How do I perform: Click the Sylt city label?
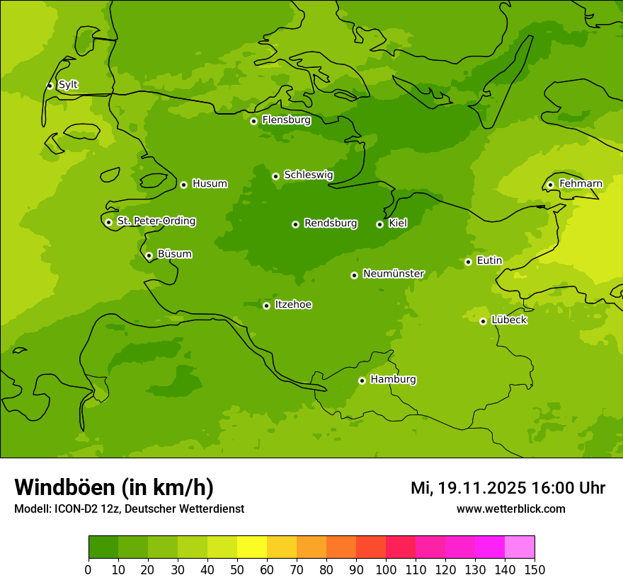pos(68,85)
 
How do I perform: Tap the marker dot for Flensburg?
pos(253,121)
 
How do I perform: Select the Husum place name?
pos(210,184)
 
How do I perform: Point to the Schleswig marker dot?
pos(275,176)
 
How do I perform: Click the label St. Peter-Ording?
pos(156,221)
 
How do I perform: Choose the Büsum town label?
pos(174,254)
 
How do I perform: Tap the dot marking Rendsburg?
pos(295,224)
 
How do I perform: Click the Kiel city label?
pos(397,223)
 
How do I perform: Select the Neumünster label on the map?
pos(393,274)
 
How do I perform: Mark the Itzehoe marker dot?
pos(266,306)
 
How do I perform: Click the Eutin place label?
pos(489,261)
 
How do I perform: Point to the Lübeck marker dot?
pos(483,321)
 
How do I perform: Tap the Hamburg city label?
pos(393,380)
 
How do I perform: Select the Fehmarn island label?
pos(581,184)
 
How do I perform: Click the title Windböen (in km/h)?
pos(114,487)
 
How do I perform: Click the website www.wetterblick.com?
pos(510,508)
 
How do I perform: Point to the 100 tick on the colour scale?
pos(386,569)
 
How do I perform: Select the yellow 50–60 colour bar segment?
pos(252,547)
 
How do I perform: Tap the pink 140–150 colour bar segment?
pos(520,547)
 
